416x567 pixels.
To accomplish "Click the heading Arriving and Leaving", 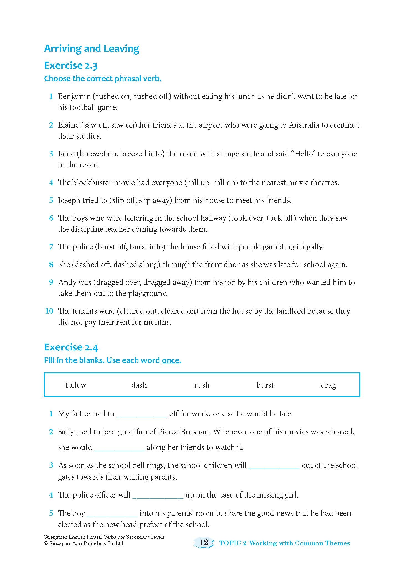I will coord(92,48).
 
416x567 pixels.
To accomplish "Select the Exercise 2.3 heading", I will coord(71,66).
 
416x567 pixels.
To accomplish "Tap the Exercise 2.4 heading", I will coord(71,347).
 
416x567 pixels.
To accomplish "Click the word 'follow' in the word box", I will coord(76,385).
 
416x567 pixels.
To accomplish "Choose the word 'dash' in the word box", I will coord(139,385).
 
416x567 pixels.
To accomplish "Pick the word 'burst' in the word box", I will coord(265,385).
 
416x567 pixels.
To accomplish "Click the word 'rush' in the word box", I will coord(202,385).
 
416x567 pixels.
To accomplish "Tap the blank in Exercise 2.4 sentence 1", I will coord(141,414).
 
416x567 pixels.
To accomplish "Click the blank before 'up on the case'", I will coord(158,495).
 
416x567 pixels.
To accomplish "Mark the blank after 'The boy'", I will coord(112,513).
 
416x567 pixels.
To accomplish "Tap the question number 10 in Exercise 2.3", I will coord(49,311).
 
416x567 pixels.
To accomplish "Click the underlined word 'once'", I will coord(171,360).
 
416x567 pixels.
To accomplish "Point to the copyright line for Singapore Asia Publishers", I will coord(83,543).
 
